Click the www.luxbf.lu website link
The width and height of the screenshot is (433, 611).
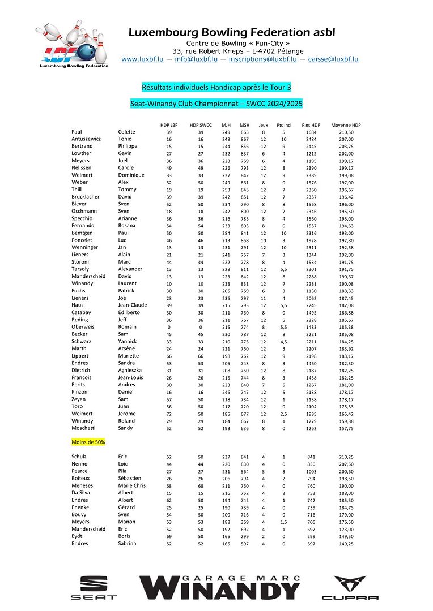pos(142,59)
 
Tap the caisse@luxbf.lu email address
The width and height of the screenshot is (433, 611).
pos(333,59)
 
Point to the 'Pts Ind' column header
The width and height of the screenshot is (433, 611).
pos(283,125)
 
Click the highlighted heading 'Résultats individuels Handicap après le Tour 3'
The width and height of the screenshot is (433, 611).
pos(216,87)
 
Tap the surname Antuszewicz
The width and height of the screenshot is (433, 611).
pos(87,139)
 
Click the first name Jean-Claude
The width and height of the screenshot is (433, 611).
pos(132,305)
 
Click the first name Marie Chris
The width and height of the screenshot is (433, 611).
pos(131,485)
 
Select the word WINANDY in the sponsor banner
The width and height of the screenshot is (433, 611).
pos(220,591)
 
